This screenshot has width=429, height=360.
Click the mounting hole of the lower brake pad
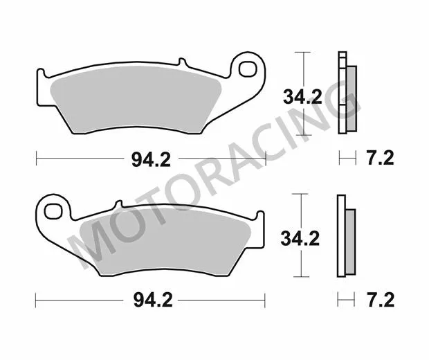click(x=53, y=208)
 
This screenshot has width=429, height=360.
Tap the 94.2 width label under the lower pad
click(x=151, y=300)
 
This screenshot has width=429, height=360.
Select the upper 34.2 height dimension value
click(x=302, y=97)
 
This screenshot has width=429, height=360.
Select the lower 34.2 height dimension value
click(x=300, y=239)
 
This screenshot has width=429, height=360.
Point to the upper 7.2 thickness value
click(x=378, y=159)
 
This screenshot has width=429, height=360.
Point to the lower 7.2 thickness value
click(x=378, y=300)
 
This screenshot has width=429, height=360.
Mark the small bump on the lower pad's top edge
click(x=118, y=204)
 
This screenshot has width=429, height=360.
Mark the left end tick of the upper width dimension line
click(x=36, y=159)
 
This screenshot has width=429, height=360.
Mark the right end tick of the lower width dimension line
click(x=265, y=300)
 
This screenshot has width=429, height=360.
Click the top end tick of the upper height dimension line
click(x=300, y=52)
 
